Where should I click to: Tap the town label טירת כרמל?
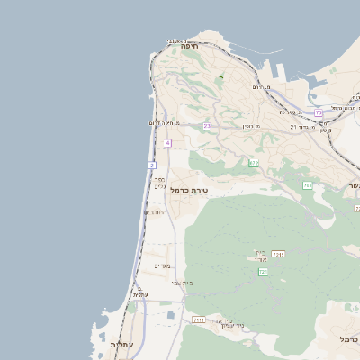pos(189,190)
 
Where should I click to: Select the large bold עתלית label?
pos(121,345)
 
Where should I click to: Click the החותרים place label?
pos(155,212)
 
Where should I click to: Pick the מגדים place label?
pos(162,265)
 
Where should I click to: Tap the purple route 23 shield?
pos(207,126)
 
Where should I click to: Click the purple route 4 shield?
pos(167,143)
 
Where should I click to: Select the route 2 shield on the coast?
pos(152,166)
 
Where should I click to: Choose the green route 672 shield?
pos(254,163)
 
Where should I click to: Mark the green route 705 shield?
pos(308,185)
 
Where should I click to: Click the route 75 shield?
pos(318,112)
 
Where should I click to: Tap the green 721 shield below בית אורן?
pos(264,271)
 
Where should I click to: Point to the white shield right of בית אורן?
pos(279,255)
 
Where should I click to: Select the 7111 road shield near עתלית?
pos(198,319)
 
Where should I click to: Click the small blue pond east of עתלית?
pos(170,315)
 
